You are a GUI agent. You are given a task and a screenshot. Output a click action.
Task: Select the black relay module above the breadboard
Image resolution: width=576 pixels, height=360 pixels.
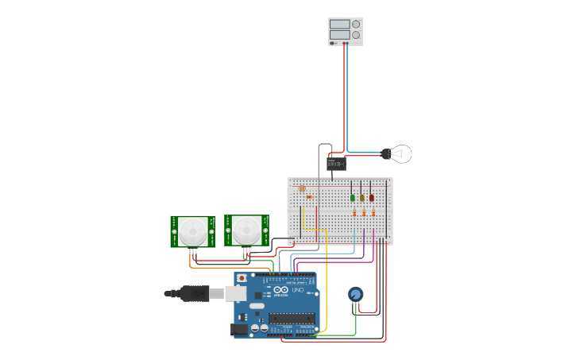coord(336,164)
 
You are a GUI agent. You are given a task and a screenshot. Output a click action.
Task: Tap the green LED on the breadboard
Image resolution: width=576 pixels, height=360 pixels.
coord(353,197)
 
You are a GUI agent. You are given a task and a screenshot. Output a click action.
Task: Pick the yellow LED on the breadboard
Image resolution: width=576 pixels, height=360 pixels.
coord(362,197)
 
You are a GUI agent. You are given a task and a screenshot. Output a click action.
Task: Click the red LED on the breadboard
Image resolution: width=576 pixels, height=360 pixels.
coord(371,197)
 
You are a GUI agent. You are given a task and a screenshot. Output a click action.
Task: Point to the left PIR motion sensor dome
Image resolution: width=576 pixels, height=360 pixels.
coord(191,232)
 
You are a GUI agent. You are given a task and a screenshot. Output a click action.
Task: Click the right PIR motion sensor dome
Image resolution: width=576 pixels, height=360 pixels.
coord(245,232)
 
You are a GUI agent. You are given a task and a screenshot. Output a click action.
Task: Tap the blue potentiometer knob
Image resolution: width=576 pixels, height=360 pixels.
coord(355,294)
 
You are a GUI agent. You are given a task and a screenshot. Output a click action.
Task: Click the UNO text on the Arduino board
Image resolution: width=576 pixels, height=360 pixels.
coord(298,291)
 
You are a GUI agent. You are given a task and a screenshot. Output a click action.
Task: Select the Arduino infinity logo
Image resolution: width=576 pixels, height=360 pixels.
coord(280,290)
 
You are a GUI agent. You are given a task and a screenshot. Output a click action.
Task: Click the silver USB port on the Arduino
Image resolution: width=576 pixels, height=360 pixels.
coord(236,293)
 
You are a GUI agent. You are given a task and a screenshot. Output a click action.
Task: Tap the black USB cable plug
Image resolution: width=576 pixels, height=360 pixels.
coord(195,293)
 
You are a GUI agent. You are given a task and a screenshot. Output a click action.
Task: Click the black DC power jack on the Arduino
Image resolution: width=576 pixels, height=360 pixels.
coord(238,328)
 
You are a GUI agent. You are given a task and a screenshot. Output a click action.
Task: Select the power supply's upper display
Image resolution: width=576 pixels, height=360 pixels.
coord(339,25)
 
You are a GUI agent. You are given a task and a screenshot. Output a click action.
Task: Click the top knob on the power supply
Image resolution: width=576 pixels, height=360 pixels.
coord(355,25)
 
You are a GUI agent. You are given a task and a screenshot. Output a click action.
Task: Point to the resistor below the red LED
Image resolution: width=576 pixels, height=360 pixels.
coord(373,212)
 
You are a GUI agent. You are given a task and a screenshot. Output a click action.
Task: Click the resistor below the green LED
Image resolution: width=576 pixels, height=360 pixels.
coord(354,212)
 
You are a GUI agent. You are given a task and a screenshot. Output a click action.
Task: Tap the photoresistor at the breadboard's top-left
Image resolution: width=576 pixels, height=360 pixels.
coord(301,188)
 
